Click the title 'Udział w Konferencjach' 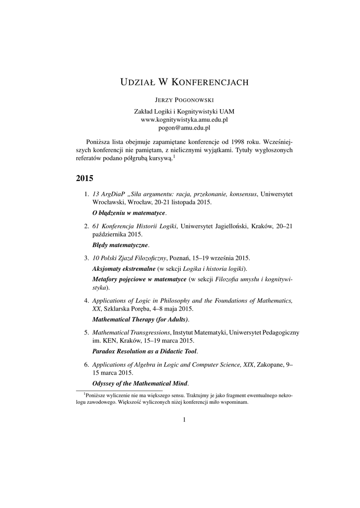184,82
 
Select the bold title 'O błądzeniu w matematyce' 129,213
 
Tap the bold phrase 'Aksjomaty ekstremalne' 124,268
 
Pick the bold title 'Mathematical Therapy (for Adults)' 141,319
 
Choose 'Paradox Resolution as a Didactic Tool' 144,351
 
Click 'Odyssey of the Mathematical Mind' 140,383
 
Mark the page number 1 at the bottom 184,420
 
